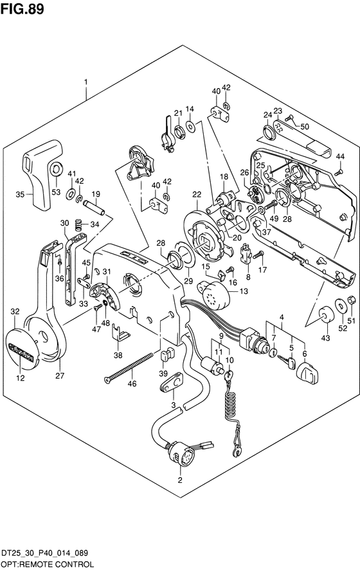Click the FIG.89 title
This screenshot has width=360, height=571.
click(x=22, y=8)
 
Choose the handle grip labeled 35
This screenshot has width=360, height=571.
click(x=42, y=174)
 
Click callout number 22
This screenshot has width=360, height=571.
click(x=197, y=195)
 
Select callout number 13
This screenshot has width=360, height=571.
click(x=244, y=291)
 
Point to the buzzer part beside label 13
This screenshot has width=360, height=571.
click(x=214, y=295)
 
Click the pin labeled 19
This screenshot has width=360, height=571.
click(x=94, y=207)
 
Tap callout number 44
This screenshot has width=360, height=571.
click(x=340, y=156)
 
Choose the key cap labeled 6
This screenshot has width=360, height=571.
click(x=307, y=373)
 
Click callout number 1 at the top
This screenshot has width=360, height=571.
click(x=86, y=82)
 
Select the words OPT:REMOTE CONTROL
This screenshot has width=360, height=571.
click(x=47, y=565)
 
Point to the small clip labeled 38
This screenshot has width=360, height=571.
click(x=119, y=332)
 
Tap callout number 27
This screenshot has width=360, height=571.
click(x=60, y=376)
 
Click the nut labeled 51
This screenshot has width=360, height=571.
click(x=351, y=300)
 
